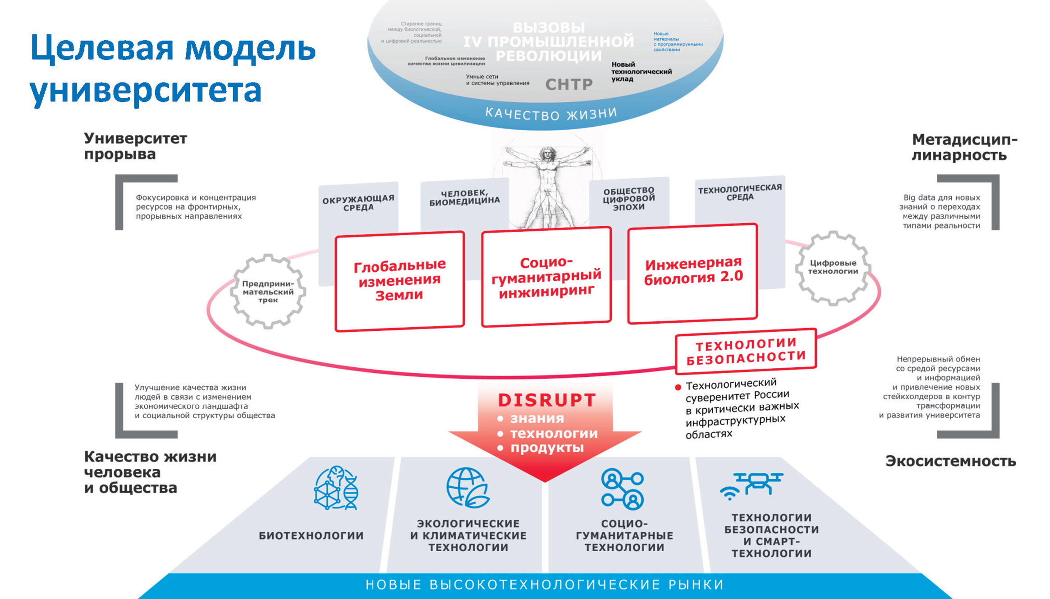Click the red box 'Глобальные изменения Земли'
click(399, 281)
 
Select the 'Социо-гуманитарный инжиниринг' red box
click(546, 277)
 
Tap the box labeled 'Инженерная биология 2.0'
click(692, 273)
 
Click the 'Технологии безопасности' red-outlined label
click(746, 351)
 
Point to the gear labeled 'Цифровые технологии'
click(833, 268)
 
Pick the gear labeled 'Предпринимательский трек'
click(268, 291)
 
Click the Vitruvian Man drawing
click(547, 185)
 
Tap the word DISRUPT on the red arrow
click(547, 400)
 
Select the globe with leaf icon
click(468, 488)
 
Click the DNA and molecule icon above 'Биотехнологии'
click(336, 488)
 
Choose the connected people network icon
click(623, 489)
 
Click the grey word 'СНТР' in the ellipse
click(569, 84)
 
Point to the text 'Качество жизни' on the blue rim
click(551, 114)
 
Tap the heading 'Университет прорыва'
click(135, 146)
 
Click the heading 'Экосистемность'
click(950, 461)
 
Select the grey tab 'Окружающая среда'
click(358, 203)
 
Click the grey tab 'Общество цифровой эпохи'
click(629, 199)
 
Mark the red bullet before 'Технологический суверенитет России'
click(678, 387)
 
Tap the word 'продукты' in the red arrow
click(546, 448)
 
